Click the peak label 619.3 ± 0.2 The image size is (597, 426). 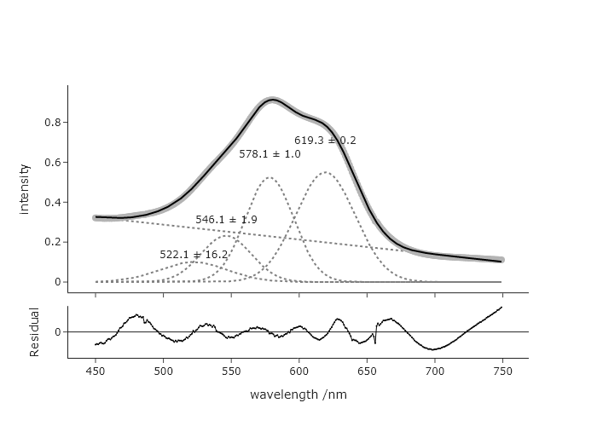coord(325,141)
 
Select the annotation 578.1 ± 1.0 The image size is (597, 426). coord(270,154)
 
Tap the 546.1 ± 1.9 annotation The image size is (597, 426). coord(226,220)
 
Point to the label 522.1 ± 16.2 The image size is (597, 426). coord(194,255)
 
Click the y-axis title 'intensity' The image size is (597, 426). coord(25,188)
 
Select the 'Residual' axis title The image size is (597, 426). coord(35,331)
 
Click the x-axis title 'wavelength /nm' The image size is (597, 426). coord(298,395)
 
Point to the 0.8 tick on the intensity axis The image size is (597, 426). coord(51,122)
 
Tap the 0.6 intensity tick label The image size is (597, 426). coord(51,162)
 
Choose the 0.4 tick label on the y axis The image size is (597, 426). coord(51,202)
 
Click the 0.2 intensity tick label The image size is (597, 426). coord(51,242)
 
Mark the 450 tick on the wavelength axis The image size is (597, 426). coord(96,371)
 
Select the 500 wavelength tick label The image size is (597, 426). coord(163,371)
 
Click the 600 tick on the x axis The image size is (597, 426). coord(298,371)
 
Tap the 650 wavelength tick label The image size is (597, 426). coord(366,371)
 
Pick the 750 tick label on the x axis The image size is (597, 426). coord(501,371)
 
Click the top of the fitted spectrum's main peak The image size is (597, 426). coord(271,101)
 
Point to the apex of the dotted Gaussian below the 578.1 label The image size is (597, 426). coord(270,178)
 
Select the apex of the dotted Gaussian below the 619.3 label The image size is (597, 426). coord(325,172)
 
